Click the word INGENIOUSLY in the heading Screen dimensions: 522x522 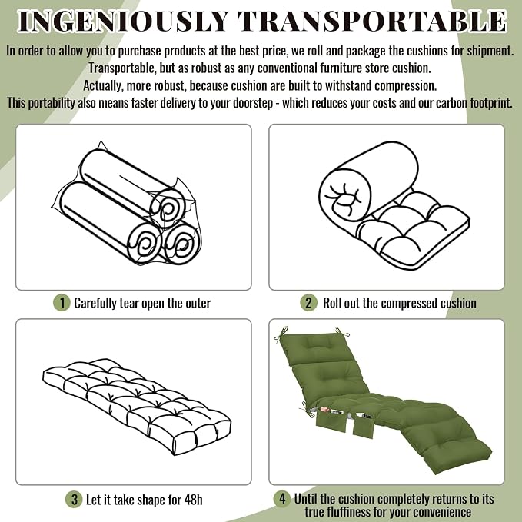click(x=123, y=22)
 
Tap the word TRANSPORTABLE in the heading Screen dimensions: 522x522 click(x=372, y=22)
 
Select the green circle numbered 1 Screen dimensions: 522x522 click(x=62, y=303)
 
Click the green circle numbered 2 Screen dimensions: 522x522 click(x=308, y=303)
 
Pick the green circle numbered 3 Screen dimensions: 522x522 click(x=74, y=500)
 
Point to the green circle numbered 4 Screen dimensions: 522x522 click(x=282, y=499)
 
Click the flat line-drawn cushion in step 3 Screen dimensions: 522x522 click(x=137, y=407)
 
